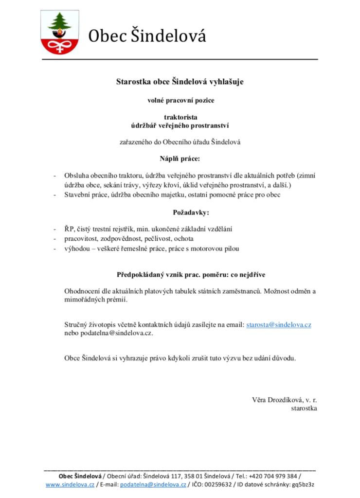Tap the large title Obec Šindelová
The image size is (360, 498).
point(147,36)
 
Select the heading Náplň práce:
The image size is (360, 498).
point(180,159)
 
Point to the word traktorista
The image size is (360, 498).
point(180,117)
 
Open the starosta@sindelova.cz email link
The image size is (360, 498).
point(279,324)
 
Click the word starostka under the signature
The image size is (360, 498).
point(304,409)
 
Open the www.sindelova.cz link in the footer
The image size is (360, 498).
point(70,484)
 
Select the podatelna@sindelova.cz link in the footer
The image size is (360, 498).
point(153,484)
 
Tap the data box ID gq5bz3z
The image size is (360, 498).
point(304,484)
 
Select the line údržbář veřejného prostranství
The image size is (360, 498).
point(180,125)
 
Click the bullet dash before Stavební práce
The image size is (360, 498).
point(54,195)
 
